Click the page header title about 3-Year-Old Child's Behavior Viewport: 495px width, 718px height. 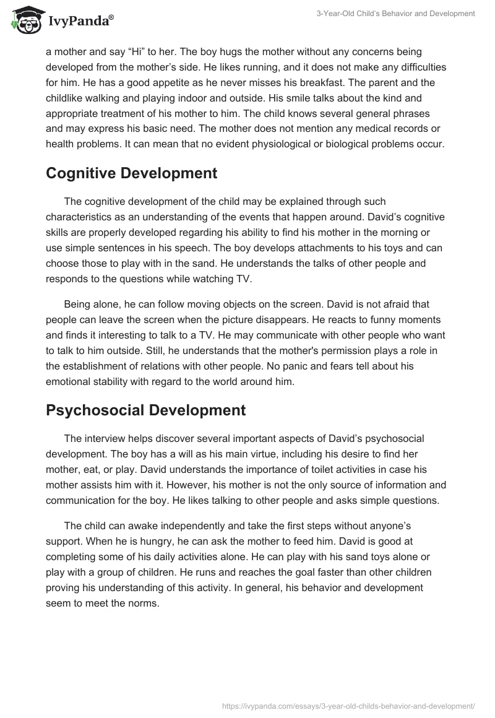click(x=397, y=13)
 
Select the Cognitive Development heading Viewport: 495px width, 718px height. click(x=131, y=173)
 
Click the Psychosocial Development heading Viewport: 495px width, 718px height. click(x=145, y=410)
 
